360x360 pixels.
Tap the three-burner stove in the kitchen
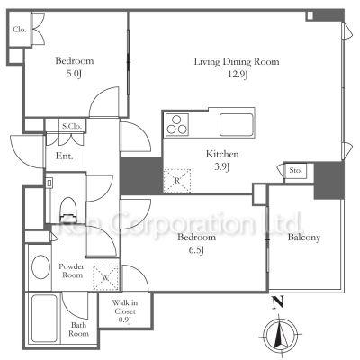(x=177, y=124)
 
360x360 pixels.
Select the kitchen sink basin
(x=236, y=124)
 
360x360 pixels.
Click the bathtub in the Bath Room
(x=45, y=319)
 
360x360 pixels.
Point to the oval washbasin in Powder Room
(x=40, y=266)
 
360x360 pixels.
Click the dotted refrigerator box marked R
(x=177, y=181)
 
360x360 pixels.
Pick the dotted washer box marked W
(x=106, y=277)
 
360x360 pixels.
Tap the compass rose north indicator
(x=280, y=334)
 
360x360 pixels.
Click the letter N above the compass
(x=278, y=302)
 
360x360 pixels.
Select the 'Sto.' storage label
(x=296, y=171)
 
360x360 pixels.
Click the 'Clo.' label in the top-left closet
(x=20, y=30)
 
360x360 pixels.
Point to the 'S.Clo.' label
(x=72, y=126)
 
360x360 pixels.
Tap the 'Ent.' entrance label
(x=64, y=156)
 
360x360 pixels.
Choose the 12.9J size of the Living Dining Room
(x=237, y=74)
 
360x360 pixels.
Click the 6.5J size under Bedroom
(x=196, y=249)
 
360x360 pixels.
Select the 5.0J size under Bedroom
(x=74, y=73)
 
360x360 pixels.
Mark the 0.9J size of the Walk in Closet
(x=125, y=320)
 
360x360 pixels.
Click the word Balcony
(x=304, y=238)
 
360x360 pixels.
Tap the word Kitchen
(x=222, y=154)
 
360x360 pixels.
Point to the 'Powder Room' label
(x=71, y=271)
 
